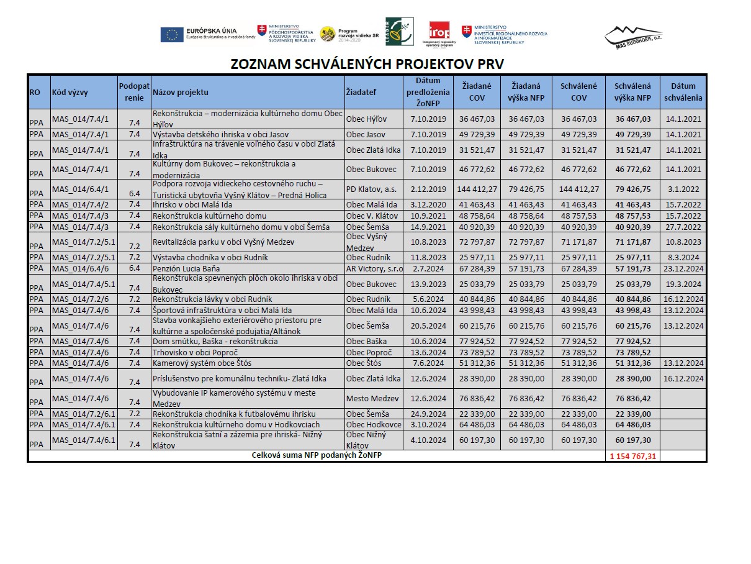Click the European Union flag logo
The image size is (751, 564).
click(172, 35)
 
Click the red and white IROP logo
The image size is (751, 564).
click(439, 31)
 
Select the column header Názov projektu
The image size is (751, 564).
click(181, 93)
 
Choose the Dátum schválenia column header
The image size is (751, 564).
click(683, 92)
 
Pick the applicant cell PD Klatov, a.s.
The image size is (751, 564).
click(367, 189)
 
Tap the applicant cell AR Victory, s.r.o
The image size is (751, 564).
click(374, 268)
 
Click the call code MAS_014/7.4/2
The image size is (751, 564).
click(81, 204)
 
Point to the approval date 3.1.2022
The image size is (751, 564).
click(683, 189)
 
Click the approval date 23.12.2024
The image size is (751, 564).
click(683, 268)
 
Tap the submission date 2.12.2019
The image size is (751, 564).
click(428, 189)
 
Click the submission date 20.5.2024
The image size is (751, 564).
click(428, 325)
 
